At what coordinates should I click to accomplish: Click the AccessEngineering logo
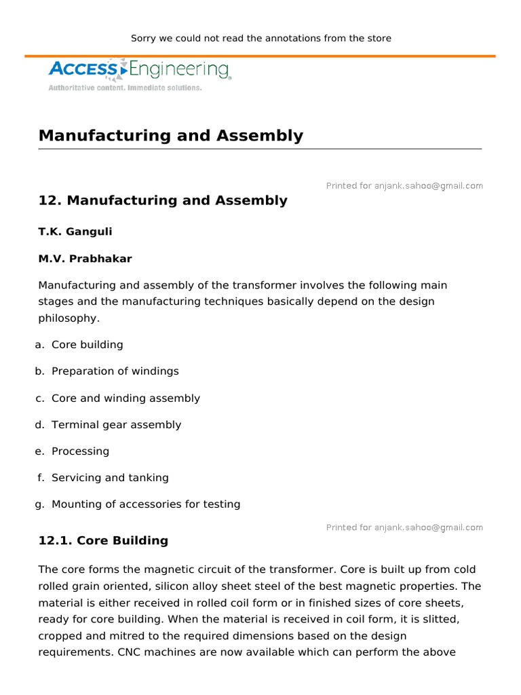(140, 69)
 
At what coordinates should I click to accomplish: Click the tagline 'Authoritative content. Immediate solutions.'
(125, 88)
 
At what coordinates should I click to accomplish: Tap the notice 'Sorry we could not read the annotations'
(260, 39)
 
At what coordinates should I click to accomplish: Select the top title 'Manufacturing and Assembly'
(171, 136)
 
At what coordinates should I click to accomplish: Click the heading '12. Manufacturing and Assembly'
(163, 201)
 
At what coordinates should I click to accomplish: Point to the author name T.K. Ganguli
(75, 232)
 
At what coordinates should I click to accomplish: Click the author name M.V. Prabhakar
(85, 259)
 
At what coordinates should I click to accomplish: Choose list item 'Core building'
(88, 345)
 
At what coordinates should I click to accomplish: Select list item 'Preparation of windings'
(115, 371)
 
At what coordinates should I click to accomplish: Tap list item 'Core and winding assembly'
(126, 398)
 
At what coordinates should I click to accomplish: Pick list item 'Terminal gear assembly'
(116, 425)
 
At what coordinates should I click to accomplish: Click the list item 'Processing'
(80, 451)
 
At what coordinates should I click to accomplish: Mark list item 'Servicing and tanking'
(110, 478)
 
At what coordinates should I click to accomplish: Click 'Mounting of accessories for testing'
(146, 504)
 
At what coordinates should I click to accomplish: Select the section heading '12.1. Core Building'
(103, 541)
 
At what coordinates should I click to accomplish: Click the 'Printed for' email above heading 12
(404, 186)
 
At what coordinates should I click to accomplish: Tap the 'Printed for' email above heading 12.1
(404, 527)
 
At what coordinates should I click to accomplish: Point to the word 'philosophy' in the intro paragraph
(69, 318)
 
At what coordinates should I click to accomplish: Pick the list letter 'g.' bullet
(40, 504)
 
